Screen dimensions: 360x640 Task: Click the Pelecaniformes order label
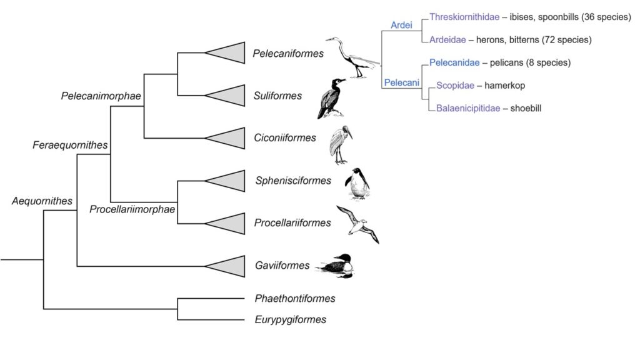tap(288, 54)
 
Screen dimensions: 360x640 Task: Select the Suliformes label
tap(278, 96)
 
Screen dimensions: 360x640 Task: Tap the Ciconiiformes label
tap(285, 138)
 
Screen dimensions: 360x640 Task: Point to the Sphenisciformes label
tap(293, 181)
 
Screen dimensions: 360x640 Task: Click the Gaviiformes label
tap(282, 266)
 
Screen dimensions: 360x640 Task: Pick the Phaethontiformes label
tap(295, 299)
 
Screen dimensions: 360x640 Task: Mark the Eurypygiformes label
tap(291, 320)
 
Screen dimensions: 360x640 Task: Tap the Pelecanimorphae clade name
tap(101, 96)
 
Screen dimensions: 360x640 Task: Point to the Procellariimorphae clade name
tap(132, 209)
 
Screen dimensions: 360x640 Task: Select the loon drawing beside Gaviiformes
tap(336, 266)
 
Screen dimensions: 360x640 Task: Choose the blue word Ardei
tap(401, 25)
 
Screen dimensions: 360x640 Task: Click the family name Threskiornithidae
tap(464, 17)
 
